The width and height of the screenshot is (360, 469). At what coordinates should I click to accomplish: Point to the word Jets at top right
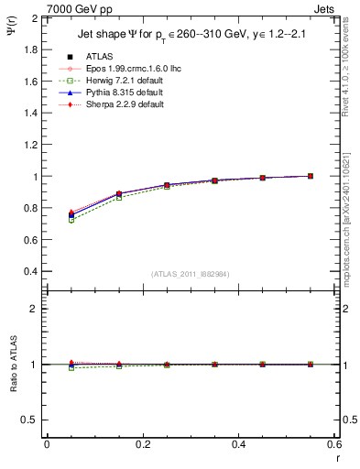325,8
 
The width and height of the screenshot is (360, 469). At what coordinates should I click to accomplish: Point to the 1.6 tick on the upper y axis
31,82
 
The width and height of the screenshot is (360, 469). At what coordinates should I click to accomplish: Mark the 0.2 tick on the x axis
143,444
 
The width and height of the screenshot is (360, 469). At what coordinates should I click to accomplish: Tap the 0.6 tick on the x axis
334,444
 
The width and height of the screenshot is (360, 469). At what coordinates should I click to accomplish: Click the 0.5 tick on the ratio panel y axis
31,420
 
